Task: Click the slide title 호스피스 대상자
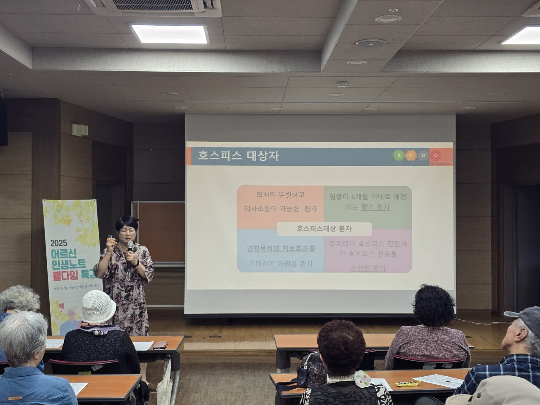[x=238, y=156]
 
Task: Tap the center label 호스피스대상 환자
[x=324, y=229]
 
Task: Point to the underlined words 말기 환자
[x=375, y=207]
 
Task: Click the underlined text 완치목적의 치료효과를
[x=281, y=248]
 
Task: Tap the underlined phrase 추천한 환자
[x=368, y=268]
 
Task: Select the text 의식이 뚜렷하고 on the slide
[x=281, y=194]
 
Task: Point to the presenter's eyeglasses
[x=127, y=231]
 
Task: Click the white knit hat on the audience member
[x=98, y=306]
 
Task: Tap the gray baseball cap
[x=525, y=319]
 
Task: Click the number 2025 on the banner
[x=62, y=243]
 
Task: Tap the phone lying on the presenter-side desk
[x=160, y=345]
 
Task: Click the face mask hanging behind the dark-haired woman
[x=362, y=378]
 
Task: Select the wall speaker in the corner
[x=3, y=122]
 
